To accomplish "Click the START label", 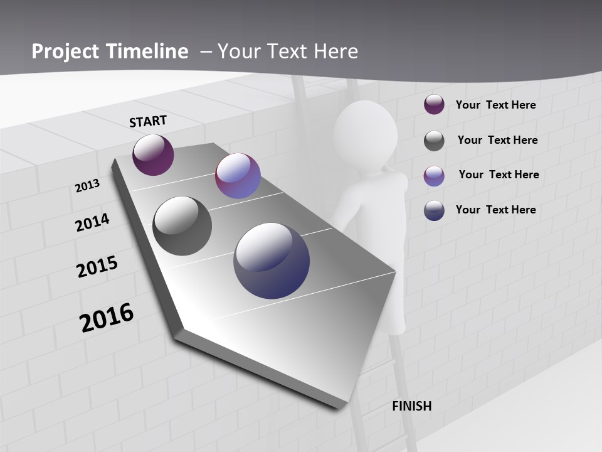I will tap(148, 121).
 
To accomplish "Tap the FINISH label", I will tap(411, 406).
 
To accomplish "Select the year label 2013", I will tap(87, 186).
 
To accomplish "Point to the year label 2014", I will tap(92, 222).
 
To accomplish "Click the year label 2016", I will tap(107, 318).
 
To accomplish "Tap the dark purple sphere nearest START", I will tap(153, 154).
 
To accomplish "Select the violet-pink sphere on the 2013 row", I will tap(238, 176).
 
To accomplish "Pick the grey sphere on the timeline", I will tap(182, 226).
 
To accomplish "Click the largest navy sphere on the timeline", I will tap(272, 261).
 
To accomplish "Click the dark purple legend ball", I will tap(434, 105).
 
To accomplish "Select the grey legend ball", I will tap(434, 141).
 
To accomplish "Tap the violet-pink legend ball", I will tap(434, 176).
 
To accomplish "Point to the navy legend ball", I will tap(434, 210).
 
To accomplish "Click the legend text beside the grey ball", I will tap(497, 140).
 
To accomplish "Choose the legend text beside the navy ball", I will tap(495, 210).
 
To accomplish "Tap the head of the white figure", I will tap(366, 133).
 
